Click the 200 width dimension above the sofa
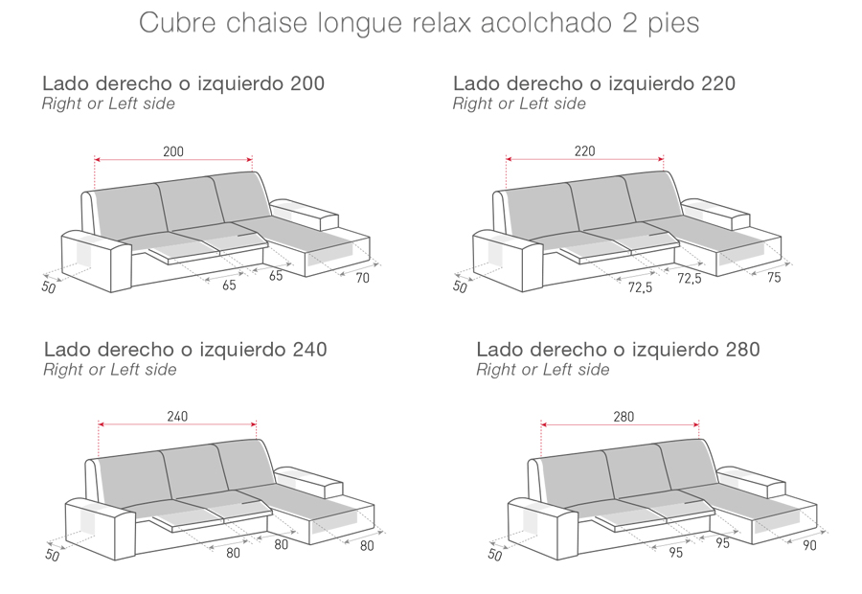point(173,150)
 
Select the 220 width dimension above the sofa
point(584,150)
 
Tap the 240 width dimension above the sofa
point(177,416)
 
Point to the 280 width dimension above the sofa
point(624,417)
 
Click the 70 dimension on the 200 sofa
point(362,279)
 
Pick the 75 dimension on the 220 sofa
point(774,278)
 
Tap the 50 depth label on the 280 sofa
point(494,554)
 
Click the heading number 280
point(741,350)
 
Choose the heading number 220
point(717,84)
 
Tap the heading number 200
point(306,84)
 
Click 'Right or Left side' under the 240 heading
point(110,370)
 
